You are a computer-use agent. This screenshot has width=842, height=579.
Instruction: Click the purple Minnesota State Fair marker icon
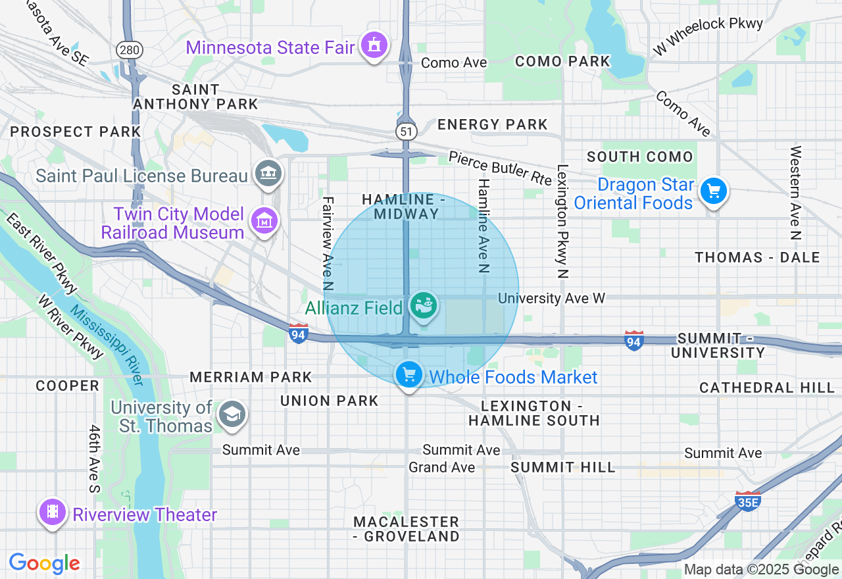(374, 46)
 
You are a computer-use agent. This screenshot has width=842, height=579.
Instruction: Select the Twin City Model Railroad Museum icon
(264, 222)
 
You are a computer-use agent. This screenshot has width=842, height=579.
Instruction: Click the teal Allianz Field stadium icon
(423, 306)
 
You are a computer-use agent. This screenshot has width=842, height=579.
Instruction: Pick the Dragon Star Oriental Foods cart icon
(714, 191)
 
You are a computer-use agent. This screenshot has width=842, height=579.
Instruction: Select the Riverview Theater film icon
(52, 513)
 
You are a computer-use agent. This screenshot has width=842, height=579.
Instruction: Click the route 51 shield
(406, 131)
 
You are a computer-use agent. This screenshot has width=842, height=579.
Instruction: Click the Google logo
(44, 563)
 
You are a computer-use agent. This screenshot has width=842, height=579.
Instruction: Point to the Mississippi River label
(106, 345)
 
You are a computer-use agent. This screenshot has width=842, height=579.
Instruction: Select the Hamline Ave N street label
(483, 226)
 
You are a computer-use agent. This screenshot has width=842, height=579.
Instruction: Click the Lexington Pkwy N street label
(562, 221)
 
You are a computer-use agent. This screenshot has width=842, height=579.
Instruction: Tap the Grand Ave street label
(441, 467)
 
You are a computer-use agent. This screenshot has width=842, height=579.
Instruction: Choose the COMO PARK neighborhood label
(562, 61)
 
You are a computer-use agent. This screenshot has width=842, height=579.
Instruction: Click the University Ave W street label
(551, 298)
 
